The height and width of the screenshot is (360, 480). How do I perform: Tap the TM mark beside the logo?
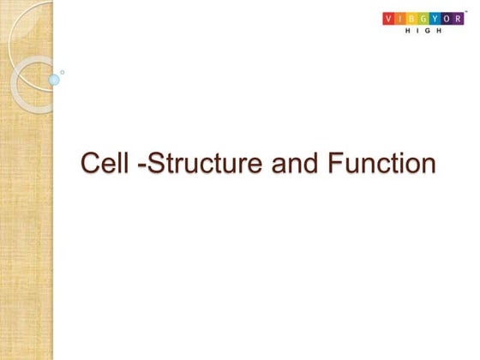[x=467, y=11]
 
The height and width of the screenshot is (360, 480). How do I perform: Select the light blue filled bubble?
[x=54, y=80]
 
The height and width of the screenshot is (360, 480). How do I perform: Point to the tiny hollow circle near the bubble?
[x=62, y=72]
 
